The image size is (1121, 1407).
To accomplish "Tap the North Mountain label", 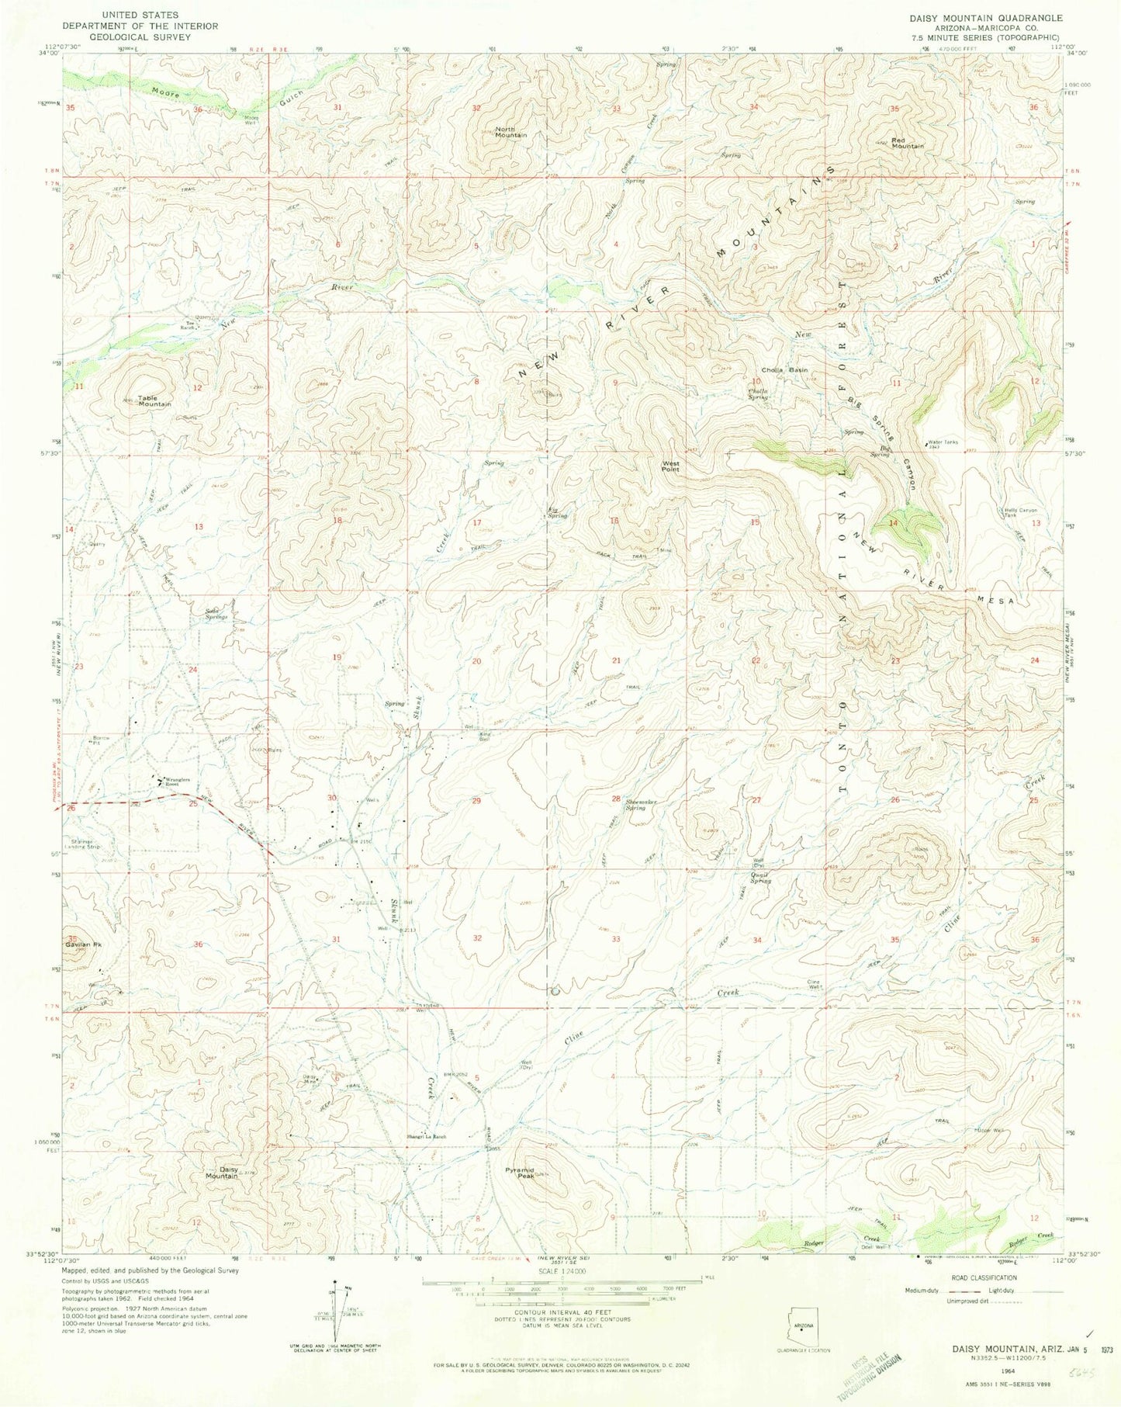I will pyautogui.click(x=510, y=132).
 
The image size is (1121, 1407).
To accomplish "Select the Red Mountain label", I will pyautogui.click(x=907, y=143).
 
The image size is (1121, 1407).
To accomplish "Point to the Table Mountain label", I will pyautogui.click(x=154, y=401).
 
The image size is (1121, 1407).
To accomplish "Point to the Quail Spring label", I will pyautogui.click(x=760, y=878).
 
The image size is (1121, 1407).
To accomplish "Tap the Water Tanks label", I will pyautogui.click(x=943, y=443).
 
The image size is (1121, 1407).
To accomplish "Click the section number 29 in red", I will pyautogui.click(x=476, y=800).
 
